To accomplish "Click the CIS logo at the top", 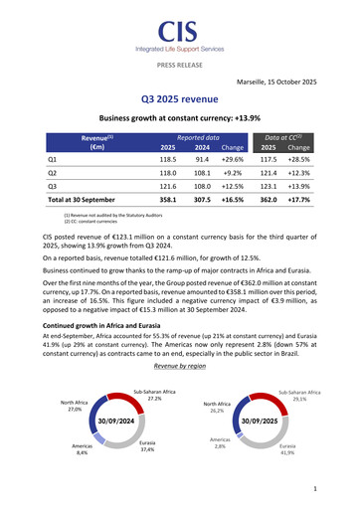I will pos(179,32).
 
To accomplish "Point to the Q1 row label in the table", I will pos(53,158).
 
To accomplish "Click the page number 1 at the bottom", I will pos(313,488).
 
